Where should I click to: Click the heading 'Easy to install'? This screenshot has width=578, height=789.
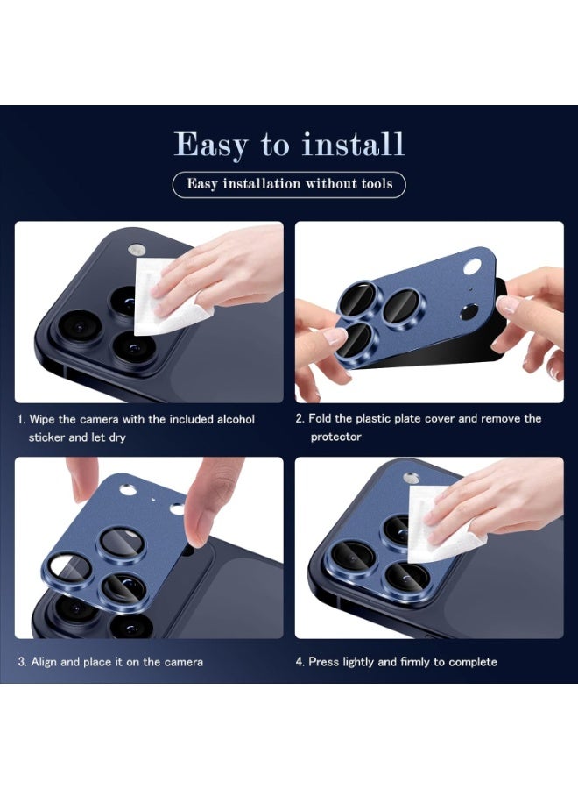[x=289, y=144]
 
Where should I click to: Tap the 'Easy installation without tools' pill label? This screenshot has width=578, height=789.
[x=289, y=184]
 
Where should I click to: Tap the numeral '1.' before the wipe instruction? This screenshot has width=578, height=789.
[x=22, y=419]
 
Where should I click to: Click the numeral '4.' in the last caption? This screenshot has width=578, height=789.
[x=300, y=661]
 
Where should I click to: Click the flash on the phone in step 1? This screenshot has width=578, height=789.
[x=138, y=249]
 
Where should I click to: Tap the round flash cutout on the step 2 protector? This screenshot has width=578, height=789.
[x=474, y=267]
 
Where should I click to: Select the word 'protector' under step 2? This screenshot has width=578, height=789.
[x=335, y=437]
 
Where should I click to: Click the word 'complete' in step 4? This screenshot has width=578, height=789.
[x=474, y=661]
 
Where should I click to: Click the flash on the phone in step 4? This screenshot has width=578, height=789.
[x=412, y=479]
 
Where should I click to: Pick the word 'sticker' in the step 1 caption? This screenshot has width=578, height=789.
[x=48, y=437]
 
